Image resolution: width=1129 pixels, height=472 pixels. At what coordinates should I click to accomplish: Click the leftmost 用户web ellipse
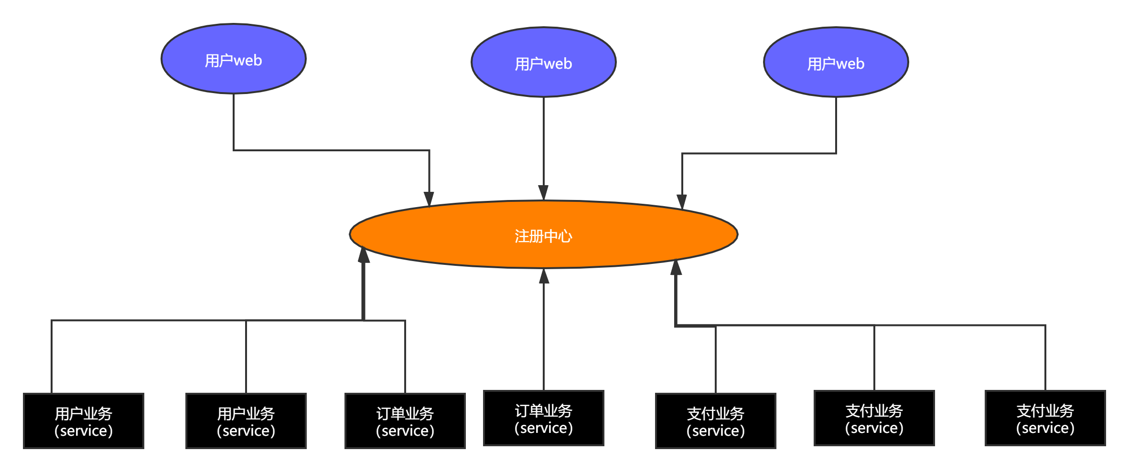click(233, 59)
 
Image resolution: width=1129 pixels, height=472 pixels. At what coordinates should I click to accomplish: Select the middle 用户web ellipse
click(544, 62)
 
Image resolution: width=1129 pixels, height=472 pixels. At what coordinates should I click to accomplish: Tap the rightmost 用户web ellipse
click(836, 62)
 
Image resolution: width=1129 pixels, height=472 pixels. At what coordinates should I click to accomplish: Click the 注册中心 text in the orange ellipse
click(543, 236)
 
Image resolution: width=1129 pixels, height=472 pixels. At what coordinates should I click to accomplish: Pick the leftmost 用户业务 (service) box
click(84, 421)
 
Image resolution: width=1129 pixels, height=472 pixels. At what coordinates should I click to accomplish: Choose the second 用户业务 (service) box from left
click(246, 421)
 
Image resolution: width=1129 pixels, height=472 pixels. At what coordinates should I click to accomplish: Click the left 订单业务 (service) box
click(405, 421)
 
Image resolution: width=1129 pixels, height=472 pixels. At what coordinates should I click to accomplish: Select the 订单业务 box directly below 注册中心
click(544, 418)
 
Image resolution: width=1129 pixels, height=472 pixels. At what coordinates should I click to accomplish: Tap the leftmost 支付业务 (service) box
click(716, 421)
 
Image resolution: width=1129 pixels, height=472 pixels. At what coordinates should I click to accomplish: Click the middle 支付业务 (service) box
click(874, 418)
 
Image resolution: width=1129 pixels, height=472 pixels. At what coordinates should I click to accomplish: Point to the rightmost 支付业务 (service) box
click(1045, 418)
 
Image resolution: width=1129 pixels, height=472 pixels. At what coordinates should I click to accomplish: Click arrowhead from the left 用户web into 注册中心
click(429, 199)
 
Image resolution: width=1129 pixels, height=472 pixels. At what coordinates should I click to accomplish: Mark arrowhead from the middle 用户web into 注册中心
click(544, 192)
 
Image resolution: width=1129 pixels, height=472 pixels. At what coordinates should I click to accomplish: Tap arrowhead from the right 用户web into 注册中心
click(682, 201)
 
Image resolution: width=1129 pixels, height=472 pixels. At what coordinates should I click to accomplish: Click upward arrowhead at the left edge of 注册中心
click(364, 255)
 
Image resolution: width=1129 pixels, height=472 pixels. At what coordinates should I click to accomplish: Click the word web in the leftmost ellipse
click(247, 61)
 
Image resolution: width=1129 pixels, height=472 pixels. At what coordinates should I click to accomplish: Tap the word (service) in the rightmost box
click(1045, 428)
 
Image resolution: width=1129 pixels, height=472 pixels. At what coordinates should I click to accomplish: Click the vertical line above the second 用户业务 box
click(246, 357)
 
